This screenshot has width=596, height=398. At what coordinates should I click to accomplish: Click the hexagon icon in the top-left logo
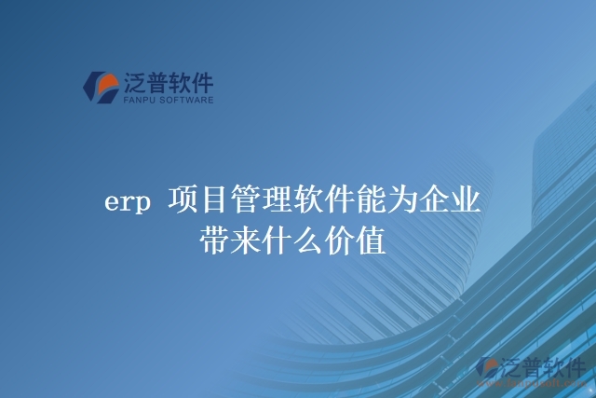(102, 86)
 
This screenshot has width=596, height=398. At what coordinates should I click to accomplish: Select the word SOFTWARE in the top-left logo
(190, 99)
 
